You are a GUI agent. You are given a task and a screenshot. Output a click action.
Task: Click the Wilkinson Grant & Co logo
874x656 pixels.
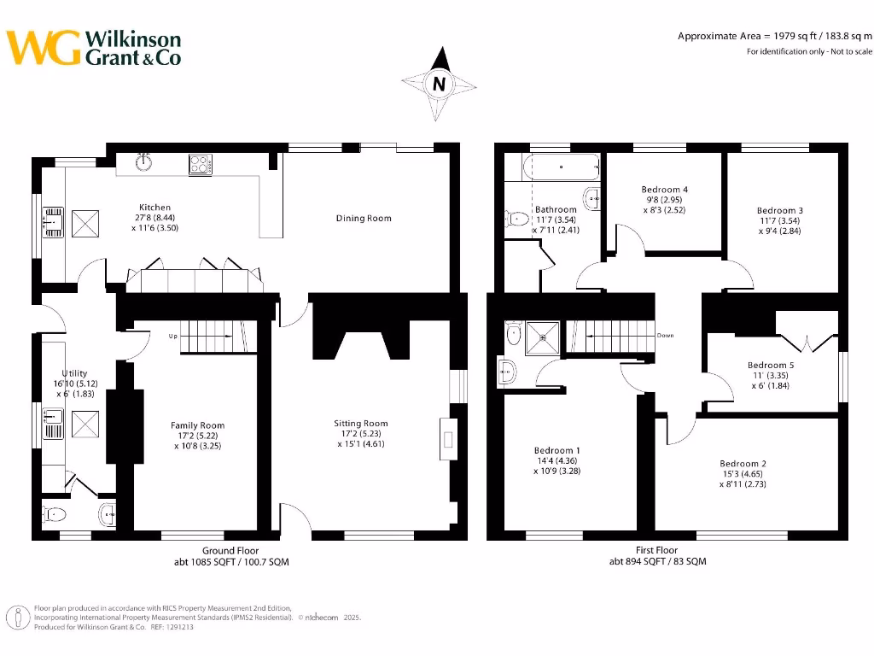(94, 48)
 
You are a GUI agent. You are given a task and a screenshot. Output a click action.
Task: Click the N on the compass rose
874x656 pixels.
(440, 84)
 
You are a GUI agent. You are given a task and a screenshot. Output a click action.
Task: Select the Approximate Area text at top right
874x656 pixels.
(774, 36)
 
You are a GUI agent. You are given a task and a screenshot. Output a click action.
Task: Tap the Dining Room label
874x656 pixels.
(364, 219)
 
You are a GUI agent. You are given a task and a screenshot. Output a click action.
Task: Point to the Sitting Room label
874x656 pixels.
(362, 423)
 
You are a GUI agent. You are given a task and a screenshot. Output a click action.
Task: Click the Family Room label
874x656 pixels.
(198, 425)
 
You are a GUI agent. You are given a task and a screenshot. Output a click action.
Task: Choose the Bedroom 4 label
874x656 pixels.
(664, 190)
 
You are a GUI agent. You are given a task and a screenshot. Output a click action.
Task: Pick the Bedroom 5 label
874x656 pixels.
(772, 366)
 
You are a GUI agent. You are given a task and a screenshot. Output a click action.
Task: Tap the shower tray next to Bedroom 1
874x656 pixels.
(542, 336)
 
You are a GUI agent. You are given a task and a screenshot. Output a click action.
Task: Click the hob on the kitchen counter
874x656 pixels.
(200, 163)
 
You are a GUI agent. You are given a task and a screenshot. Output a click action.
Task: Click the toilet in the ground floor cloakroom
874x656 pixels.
(55, 514)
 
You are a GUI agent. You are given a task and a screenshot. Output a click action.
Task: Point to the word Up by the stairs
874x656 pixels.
(172, 336)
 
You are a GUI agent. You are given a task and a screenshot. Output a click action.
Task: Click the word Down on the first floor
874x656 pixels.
(666, 336)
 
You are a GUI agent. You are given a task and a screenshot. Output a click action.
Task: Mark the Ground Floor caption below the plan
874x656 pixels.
(230, 551)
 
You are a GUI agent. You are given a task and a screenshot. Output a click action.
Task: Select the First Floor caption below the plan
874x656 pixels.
(657, 551)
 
